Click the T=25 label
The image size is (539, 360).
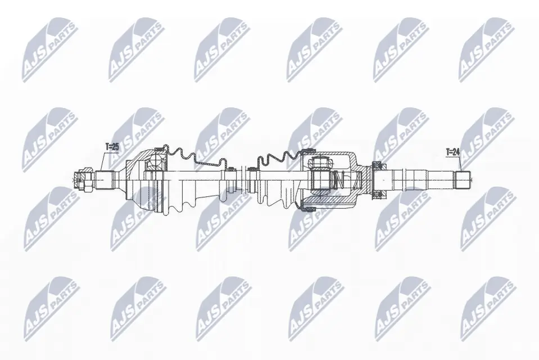[x=112, y=147]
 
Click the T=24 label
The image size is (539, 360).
[x=453, y=151]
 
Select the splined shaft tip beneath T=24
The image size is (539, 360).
[x=461, y=179]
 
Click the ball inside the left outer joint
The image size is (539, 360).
[x=153, y=164]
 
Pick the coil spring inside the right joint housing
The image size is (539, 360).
[x=337, y=181]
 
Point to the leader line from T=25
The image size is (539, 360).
[x=103, y=160]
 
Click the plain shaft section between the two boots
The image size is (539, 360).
[x=242, y=179]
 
